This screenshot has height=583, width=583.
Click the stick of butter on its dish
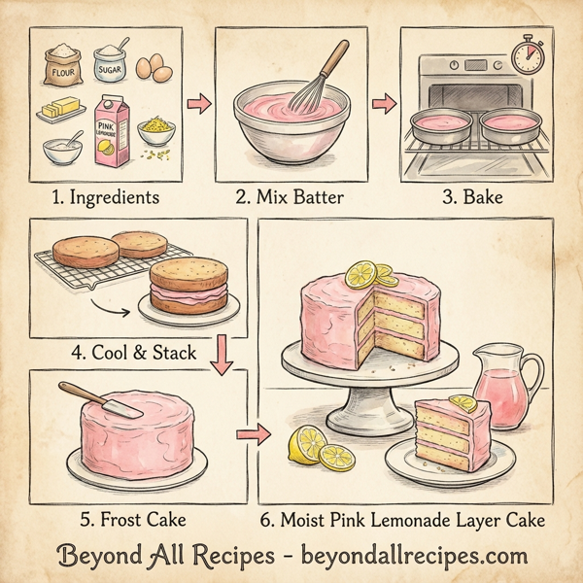tap(62, 109)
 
